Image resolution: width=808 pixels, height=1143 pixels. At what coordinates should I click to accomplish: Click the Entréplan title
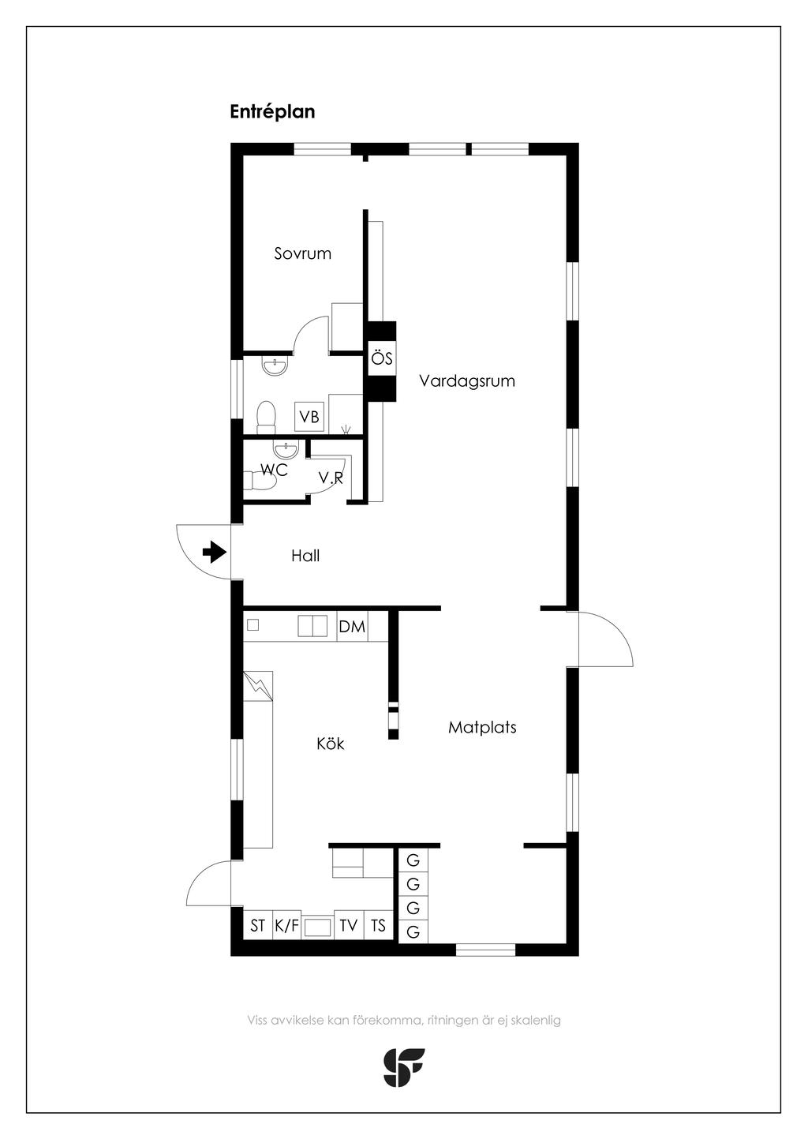[272, 112]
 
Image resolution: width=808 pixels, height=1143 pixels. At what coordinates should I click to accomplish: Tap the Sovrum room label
[302, 253]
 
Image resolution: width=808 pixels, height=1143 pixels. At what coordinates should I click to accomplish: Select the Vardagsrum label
[467, 380]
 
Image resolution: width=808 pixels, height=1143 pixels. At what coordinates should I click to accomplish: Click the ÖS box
[382, 358]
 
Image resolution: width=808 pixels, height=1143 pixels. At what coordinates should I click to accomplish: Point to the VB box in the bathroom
[309, 417]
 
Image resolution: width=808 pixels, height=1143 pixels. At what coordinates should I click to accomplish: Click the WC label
[274, 470]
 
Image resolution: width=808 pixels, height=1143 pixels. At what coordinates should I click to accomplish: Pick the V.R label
[331, 478]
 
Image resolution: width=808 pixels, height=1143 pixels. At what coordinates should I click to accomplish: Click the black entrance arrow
[215, 552]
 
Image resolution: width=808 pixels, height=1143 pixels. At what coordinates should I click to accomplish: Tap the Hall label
[305, 555]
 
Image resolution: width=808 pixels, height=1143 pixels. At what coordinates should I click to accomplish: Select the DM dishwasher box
[352, 626]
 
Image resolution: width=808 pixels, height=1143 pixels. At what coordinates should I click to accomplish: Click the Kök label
[330, 744]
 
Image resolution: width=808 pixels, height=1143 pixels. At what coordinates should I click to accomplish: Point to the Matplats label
[482, 727]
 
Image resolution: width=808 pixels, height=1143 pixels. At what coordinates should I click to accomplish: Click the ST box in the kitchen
[257, 925]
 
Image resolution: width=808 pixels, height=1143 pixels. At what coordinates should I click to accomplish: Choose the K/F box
[286, 925]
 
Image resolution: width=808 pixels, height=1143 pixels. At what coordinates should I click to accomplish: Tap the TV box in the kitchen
[349, 925]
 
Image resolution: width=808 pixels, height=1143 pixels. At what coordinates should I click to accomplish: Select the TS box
[378, 925]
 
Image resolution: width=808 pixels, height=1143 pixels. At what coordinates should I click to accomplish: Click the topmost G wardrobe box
[413, 860]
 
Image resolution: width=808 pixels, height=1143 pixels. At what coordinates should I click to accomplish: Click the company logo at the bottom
[403, 1067]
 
